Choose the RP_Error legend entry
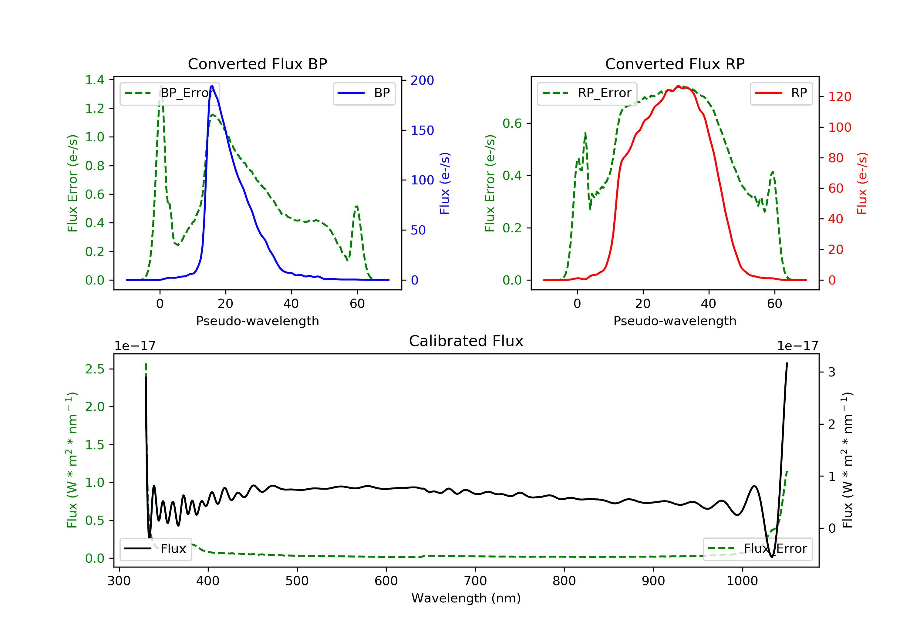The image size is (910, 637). pos(587,93)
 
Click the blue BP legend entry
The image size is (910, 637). pos(364,93)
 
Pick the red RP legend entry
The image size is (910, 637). pos(781,93)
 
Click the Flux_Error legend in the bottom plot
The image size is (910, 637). pos(757,549)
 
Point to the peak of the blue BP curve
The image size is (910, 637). pos(212,86)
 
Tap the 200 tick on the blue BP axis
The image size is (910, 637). pos(422,80)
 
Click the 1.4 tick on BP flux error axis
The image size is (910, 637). pos(95,80)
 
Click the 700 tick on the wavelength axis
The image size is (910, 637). pos(475,581)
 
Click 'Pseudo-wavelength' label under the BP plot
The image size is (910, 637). pos(257,321)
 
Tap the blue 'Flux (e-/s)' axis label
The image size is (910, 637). pos(445,183)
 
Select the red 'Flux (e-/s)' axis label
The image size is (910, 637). pos(862,183)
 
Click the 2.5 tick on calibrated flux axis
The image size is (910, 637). pos(95,369)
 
